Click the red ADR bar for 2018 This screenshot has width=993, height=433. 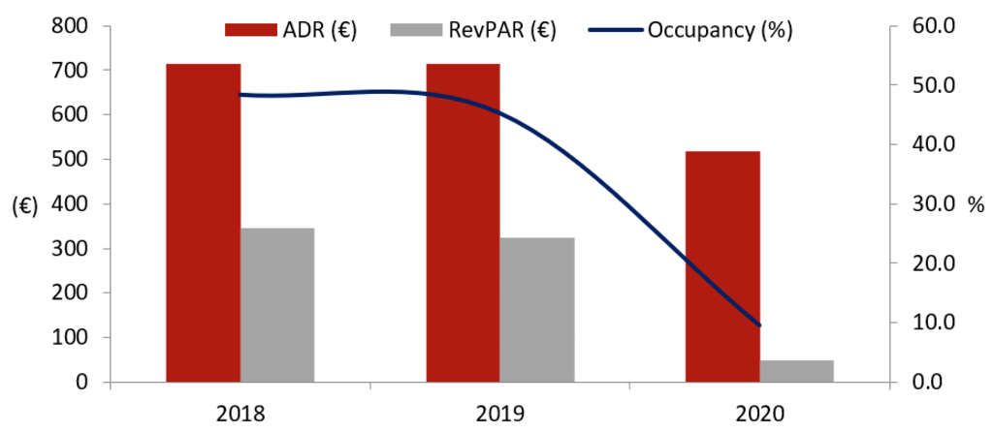203,223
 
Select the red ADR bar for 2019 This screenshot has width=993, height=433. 463,223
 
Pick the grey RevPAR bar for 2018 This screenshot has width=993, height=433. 277,304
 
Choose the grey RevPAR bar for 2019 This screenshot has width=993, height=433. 537,309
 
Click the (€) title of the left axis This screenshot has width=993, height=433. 24,206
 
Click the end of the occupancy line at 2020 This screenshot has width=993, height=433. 760,325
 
